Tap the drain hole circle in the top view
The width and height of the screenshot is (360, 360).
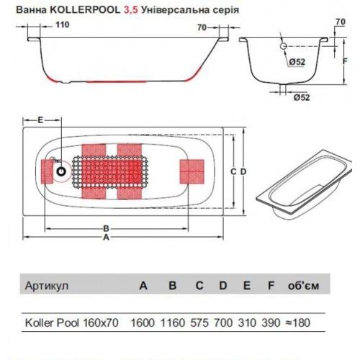coord(63,172)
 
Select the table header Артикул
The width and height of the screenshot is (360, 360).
coord(47,286)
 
